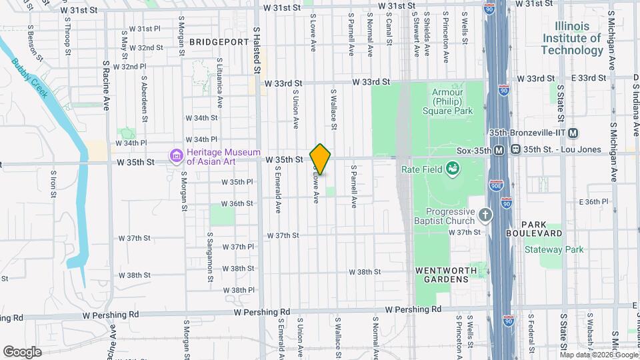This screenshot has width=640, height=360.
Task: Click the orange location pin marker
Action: click(x=320, y=159)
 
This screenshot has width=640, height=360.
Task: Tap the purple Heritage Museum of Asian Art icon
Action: click(x=176, y=156)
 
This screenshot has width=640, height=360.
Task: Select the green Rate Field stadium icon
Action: click(x=453, y=170)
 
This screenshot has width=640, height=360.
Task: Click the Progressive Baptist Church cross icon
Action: click(x=485, y=215)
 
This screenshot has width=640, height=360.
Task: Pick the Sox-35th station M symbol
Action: click(x=499, y=150)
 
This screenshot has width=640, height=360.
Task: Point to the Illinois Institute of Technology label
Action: click(x=571, y=38)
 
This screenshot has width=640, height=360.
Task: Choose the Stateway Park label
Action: click(x=553, y=249)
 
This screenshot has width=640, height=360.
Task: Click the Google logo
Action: click(x=22, y=351)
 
